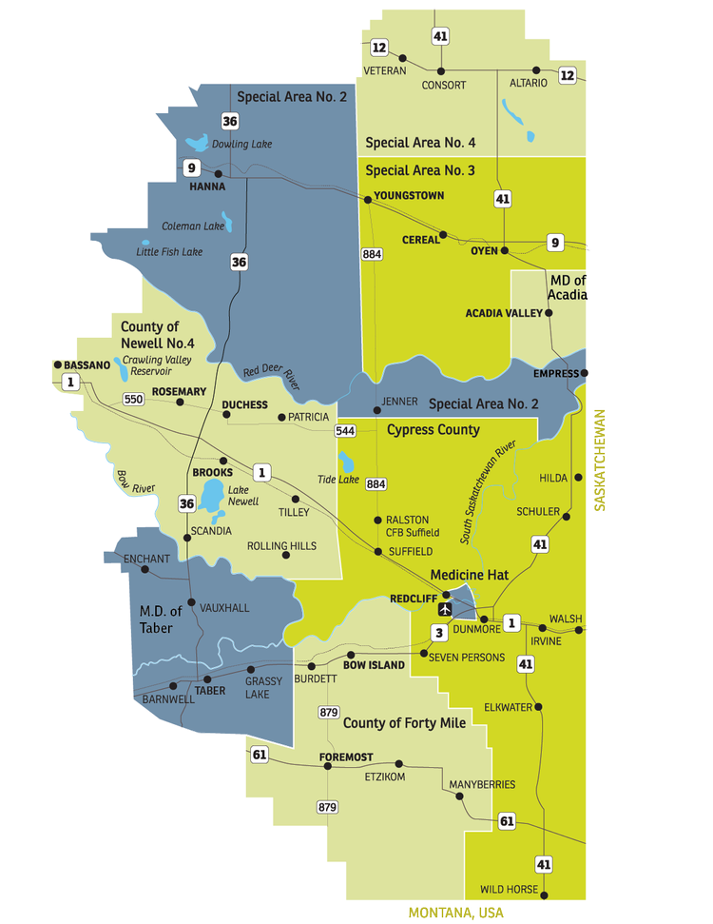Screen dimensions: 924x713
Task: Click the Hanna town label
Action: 207,187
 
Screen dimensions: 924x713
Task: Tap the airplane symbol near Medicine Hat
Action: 444,608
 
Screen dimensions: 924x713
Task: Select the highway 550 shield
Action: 133,399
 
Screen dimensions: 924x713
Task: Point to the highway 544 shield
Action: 345,431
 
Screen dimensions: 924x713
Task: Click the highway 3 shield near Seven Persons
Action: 438,633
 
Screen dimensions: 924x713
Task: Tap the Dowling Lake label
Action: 241,144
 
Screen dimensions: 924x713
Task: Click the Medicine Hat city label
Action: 470,575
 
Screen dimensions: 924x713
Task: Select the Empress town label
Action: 556,373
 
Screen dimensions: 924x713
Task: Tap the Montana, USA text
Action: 455,914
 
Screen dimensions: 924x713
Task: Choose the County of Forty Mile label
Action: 404,723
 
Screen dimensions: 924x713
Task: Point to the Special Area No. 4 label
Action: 420,143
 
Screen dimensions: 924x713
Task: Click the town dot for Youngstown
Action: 367,199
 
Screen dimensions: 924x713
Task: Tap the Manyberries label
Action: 484,784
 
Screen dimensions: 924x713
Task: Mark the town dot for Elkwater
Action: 540,707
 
